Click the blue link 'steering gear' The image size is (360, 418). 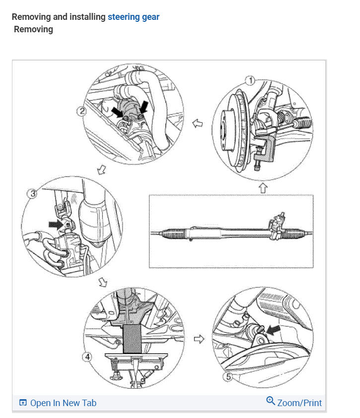[x=134, y=17]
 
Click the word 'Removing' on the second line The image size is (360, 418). [x=33, y=29]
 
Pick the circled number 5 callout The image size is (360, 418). [x=228, y=377]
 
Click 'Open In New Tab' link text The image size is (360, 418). [x=63, y=403]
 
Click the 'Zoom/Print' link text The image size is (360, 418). [x=299, y=403]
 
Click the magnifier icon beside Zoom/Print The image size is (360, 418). [x=271, y=401]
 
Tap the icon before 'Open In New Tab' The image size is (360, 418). [x=23, y=403]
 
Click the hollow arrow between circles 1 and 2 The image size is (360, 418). [x=197, y=123]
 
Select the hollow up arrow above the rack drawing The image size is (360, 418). [x=263, y=187]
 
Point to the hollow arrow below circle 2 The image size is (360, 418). [x=102, y=170]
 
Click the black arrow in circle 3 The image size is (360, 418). [x=56, y=224]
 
